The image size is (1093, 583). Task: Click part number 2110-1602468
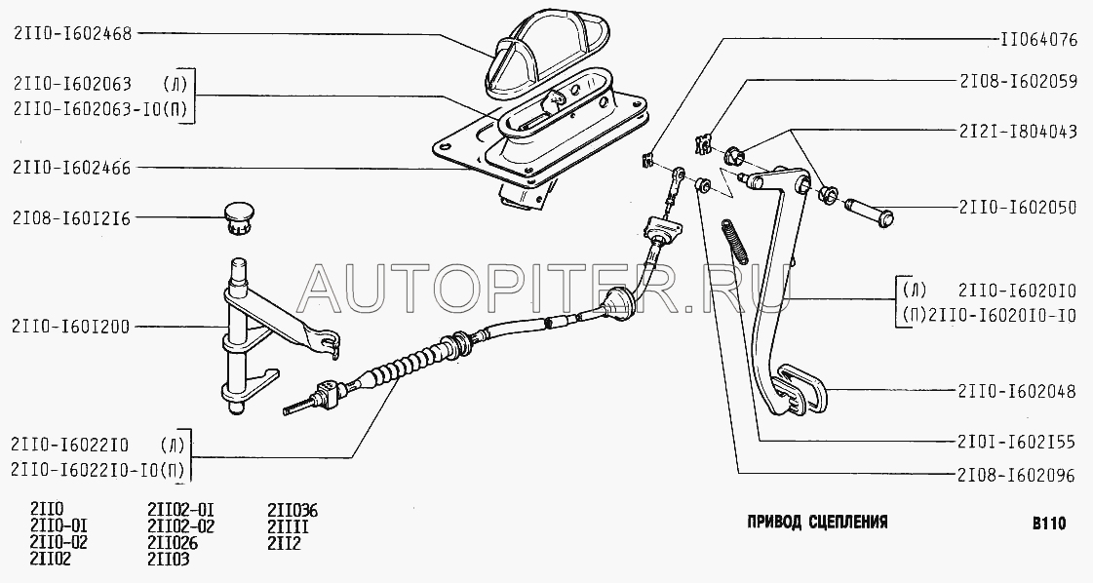click(x=72, y=34)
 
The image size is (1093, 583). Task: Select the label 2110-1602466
click(x=72, y=168)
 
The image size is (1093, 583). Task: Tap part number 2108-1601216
click(x=72, y=218)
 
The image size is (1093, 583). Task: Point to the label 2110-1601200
click(x=72, y=327)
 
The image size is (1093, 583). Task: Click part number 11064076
click(x=1038, y=40)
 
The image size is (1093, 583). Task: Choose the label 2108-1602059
click(x=1019, y=82)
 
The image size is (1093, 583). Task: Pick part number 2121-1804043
click(x=1019, y=131)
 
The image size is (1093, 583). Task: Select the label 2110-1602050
click(x=1019, y=207)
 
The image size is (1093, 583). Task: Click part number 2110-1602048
click(x=1019, y=392)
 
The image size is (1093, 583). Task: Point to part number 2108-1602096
click(x=1019, y=476)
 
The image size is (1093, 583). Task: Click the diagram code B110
click(x=1049, y=523)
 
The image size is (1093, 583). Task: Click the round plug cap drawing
click(x=239, y=216)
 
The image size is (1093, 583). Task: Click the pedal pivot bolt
click(x=868, y=212)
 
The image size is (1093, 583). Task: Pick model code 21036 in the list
click(x=293, y=511)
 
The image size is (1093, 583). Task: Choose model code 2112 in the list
click(x=285, y=543)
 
